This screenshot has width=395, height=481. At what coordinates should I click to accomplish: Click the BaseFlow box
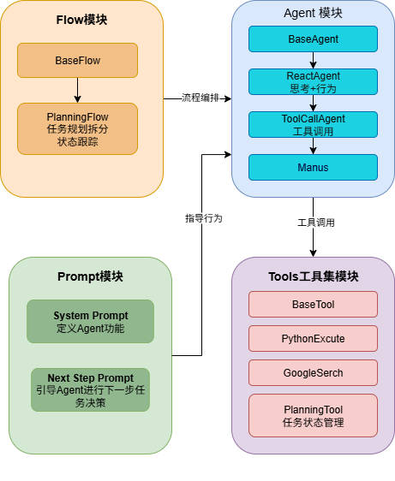(x=77, y=60)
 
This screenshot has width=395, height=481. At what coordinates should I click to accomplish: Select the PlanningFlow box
(x=77, y=128)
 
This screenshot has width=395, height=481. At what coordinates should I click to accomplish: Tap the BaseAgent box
(x=313, y=39)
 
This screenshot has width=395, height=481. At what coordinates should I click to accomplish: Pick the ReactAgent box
(x=313, y=81)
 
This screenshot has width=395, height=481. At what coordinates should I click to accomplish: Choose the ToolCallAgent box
(x=313, y=124)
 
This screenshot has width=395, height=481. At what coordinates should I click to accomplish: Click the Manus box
(x=313, y=167)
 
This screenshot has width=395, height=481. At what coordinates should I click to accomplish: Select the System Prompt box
(x=90, y=322)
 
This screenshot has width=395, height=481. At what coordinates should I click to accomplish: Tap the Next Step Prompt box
(x=90, y=389)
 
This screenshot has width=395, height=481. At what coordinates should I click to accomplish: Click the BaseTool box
(x=313, y=304)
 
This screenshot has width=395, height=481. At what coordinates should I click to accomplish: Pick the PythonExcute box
(x=313, y=338)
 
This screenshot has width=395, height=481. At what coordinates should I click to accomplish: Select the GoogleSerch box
(x=313, y=372)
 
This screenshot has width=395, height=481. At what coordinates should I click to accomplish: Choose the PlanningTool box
(x=313, y=415)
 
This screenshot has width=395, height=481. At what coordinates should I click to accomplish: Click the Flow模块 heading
(x=81, y=18)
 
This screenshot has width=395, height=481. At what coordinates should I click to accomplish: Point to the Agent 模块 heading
(x=313, y=13)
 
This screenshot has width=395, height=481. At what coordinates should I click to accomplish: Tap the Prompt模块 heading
(x=90, y=276)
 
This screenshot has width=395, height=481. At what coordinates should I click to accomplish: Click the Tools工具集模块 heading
(x=313, y=276)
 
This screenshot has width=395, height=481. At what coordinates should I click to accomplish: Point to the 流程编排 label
(x=200, y=98)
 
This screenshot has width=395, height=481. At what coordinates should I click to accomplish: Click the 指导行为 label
(x=204, y=218)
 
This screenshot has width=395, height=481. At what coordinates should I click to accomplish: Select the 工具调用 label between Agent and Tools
(x=315, y=223)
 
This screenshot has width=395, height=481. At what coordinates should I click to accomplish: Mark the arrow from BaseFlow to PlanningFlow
(x=77, y=89)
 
